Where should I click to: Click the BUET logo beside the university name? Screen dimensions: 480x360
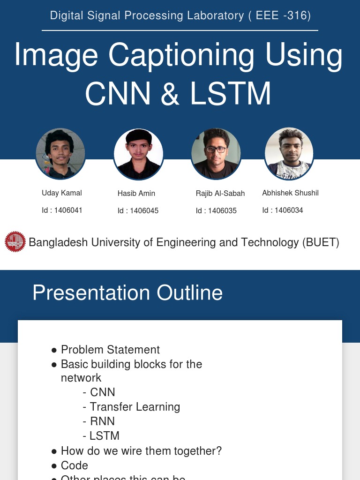(x=15, y=242)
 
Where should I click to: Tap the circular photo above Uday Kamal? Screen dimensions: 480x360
(x=60, y=154)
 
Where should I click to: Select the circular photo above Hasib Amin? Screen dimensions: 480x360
(x=139, y=154)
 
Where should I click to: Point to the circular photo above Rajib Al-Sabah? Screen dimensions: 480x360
(x=216, y=154)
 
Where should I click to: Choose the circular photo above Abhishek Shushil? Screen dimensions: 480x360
(x=289, y=154)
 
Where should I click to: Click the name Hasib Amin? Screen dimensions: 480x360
(x=136, y=193)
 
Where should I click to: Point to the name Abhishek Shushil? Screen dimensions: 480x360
(x=290, y=193)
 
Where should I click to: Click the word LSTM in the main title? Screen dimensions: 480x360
(x=231, y=93)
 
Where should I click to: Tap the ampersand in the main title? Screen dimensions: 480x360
(x=170, y=93)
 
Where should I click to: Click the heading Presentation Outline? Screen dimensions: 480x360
(x=127, y=293)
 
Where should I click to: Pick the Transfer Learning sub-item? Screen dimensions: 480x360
(x=135, y=407)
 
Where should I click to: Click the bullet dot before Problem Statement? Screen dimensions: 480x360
(x=54, y=350)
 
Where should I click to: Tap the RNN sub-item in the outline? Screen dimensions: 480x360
(x=102, y=421)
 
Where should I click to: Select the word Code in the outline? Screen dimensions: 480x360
(x=75, y=465)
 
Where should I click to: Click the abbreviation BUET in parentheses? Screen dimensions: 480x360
(x=321, y=242)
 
